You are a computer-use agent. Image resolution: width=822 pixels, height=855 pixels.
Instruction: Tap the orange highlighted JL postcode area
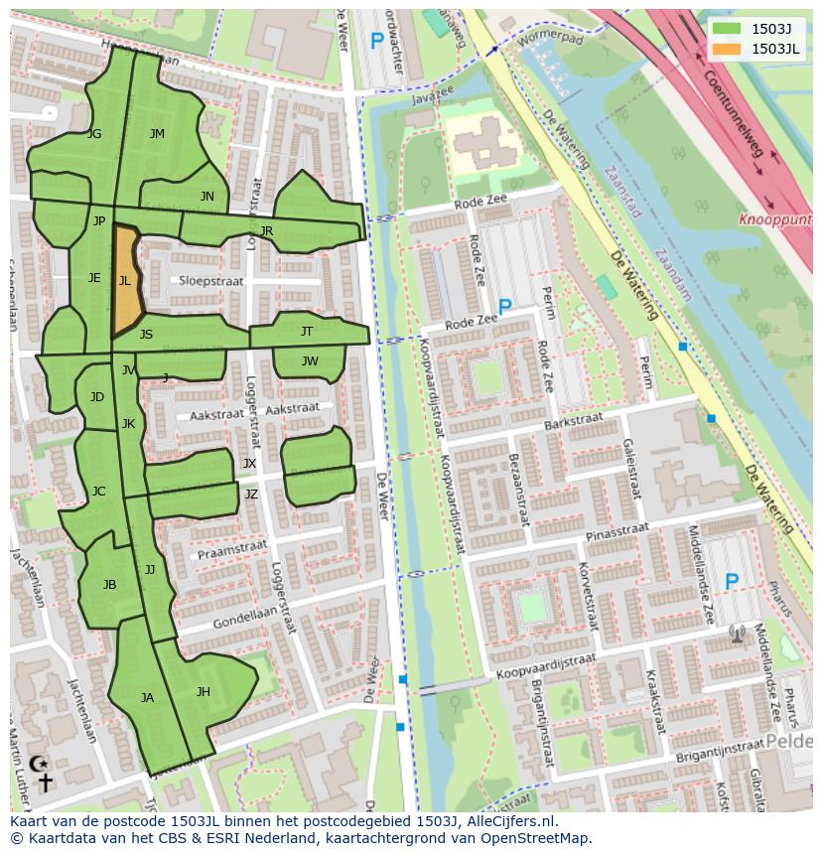[126, 281]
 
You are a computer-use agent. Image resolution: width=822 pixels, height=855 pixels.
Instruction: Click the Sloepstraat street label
[210, 281]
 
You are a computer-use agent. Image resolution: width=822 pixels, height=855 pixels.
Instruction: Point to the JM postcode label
[157, 134]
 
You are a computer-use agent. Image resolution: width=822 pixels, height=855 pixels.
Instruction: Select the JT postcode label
[307, 331]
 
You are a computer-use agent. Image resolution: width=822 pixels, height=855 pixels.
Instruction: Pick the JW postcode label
[310, 361]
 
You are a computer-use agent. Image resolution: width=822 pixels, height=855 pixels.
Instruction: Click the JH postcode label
[203, 692]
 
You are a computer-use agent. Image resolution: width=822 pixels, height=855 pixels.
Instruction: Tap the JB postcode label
[109, 585]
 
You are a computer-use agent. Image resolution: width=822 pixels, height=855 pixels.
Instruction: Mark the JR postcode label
[266, 230]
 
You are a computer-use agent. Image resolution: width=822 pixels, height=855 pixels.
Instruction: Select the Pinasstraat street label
[616, 534]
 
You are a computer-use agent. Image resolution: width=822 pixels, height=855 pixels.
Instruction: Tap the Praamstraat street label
[232, 549]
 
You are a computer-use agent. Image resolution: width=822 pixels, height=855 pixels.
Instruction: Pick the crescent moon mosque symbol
[39, 763]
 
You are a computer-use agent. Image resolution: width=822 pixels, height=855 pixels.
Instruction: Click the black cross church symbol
[45, 783]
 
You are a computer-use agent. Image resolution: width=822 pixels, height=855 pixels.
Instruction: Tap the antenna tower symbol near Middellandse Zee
[736, 633]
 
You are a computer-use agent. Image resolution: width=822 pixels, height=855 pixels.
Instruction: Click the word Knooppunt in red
[774, 219]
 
